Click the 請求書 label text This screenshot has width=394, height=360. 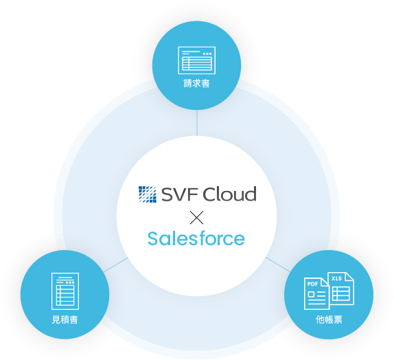[196, 83]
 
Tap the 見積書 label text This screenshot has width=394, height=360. [65, 319]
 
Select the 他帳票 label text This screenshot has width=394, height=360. [329, 319]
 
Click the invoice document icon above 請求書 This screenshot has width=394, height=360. [197, 60]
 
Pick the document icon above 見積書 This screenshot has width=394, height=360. [65, 291]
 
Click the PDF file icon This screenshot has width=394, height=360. [316, 293]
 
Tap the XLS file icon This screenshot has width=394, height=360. [341, 289]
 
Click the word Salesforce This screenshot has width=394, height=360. [196, 238]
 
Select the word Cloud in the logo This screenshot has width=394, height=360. [229, 194]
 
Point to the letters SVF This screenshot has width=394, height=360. [180, 194]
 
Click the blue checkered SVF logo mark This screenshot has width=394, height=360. [148, 194]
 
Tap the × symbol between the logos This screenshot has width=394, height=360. [197, 218]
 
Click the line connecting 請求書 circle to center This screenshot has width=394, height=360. [197, 123]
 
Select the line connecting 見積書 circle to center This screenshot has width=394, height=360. [115, 265]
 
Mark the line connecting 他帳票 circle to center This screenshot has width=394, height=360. [278, 265]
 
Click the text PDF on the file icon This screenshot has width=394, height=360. [312, 284]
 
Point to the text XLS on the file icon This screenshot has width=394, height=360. [337, 278]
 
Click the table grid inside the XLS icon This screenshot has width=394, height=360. [341, 293]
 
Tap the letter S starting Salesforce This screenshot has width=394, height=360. [153, 238]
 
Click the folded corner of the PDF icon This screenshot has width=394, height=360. [325, 282]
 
